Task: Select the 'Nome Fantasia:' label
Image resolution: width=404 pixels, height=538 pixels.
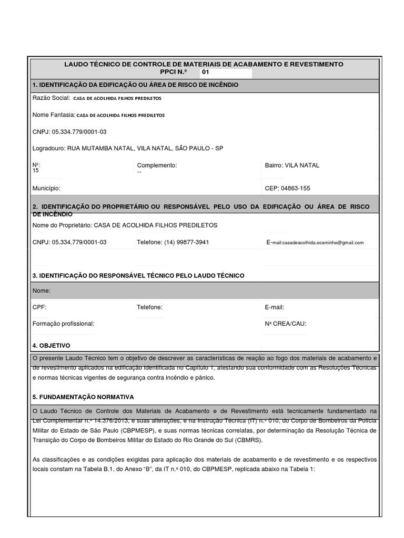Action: [x=54, y=115]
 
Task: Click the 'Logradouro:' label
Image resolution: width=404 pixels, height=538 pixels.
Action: [x=49, y=149]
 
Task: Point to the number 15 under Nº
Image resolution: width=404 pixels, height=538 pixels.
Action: [x=36, y=171]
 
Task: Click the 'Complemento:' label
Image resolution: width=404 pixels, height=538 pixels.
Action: [x=157, y=165]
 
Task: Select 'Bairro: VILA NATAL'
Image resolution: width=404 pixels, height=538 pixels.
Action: [x=292, y=165]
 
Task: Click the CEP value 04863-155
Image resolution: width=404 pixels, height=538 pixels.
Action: [x=297, y=188]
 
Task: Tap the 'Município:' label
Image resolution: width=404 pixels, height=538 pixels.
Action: [x=46, y=188]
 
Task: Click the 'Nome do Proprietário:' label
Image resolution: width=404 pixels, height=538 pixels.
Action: [x=62, y=225]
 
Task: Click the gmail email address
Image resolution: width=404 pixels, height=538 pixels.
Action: [x=322, y=243]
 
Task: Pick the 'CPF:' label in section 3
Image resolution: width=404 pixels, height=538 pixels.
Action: [x=39, y=307]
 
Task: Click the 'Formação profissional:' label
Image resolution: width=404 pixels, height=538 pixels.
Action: [x=63, y=324]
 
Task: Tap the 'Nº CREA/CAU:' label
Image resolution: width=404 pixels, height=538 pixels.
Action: [x=285, y=324]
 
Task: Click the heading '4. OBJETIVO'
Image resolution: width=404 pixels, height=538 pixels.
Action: [x=51, y=346]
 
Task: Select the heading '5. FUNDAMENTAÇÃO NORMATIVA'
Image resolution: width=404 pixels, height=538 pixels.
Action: [x=83, y=397]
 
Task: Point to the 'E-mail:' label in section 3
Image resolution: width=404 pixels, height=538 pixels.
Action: [x=275, y=307]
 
